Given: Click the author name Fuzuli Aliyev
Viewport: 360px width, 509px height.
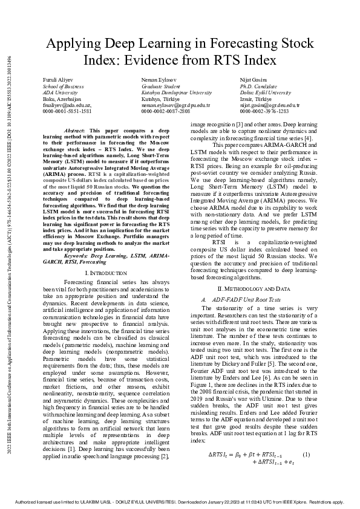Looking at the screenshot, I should pyautogui.click(x=56, y=80).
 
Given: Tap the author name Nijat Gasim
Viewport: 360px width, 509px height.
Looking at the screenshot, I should pyautogui.click(x=254, y=80).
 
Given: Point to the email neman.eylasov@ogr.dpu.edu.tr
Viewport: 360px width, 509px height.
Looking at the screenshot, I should pyautogui.click(x=175, y=105).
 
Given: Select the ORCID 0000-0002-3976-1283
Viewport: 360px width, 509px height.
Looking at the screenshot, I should pyautogui.click(x=264, y=111).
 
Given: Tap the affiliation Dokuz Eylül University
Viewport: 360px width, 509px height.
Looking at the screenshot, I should pyautogui.click(x=265, y=92).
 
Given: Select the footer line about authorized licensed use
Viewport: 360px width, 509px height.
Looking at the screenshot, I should pyautogui.click(x=180, y=502).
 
